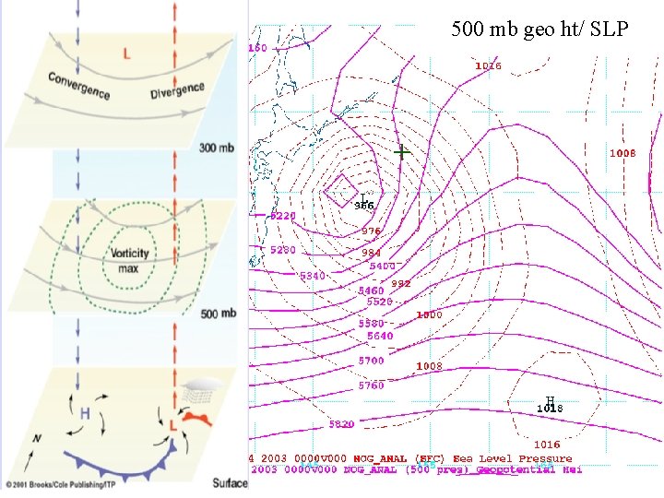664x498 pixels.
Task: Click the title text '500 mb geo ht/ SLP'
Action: (539, 29)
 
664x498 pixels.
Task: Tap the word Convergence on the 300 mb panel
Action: (78, 85)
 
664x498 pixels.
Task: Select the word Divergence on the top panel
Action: (177, 89)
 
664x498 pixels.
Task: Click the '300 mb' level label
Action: (220, 146)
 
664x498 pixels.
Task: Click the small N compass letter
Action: (37, 439)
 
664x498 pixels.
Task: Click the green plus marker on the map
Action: (402, 151)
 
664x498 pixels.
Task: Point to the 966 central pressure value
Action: (364, 205)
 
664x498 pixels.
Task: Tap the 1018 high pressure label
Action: (550, 407)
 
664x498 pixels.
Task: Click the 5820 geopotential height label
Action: (342, 424)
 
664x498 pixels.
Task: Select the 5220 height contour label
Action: (283, 216)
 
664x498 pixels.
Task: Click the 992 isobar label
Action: (400, 284)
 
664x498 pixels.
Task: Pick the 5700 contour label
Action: (372, 361)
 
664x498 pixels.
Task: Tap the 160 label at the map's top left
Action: (257, 48)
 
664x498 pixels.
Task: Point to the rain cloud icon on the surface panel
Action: (197, 391)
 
